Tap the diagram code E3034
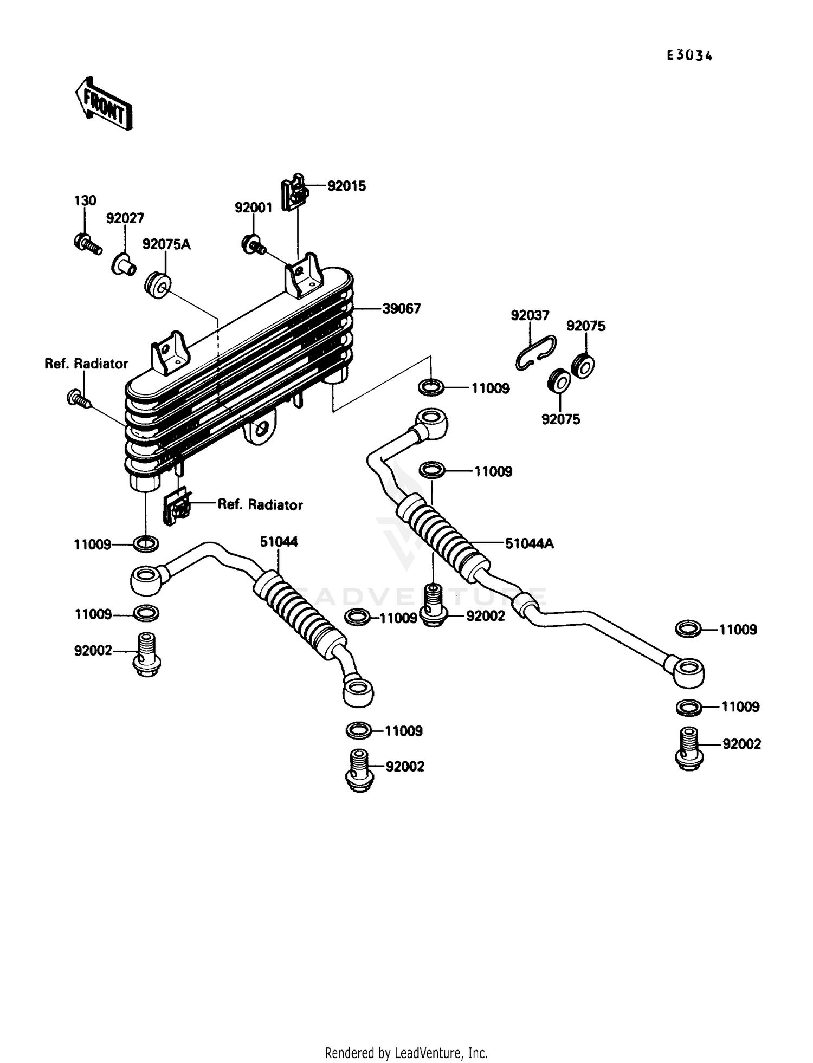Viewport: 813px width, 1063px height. (689, 55)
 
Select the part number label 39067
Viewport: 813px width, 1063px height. (401, 309)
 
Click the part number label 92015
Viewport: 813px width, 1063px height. (346, 186)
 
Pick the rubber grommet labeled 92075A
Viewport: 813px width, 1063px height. (158, 285)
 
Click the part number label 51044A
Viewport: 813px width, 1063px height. (529, 543)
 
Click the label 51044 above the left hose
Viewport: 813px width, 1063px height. (279, 542)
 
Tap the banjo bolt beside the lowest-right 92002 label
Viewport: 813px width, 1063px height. (689, 748)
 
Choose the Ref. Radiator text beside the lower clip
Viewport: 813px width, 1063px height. (260, 505)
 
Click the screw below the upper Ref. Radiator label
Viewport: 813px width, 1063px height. (78, 399)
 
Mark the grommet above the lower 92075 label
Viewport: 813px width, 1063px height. (559, 381)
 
